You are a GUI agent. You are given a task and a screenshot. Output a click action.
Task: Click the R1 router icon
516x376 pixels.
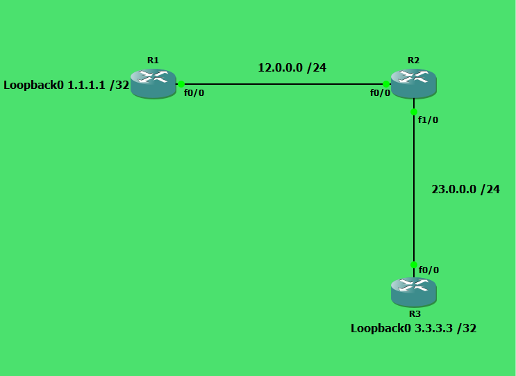153,84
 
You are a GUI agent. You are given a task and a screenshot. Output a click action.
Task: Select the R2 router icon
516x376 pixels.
414,84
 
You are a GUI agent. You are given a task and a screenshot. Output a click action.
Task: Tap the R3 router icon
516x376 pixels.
414,293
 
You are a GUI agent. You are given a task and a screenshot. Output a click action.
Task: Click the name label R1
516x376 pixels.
153,60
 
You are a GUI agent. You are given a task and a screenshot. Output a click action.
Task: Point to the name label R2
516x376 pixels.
414,60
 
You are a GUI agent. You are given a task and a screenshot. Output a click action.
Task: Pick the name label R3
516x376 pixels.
415,313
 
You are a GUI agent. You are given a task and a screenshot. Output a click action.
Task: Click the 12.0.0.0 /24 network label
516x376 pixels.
292,68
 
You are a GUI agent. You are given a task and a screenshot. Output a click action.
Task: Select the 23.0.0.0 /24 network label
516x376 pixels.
466,189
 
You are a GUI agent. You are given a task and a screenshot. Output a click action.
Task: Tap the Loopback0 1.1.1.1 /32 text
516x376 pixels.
66,85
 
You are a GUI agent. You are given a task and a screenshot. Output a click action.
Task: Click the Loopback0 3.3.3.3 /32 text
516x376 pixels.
413,328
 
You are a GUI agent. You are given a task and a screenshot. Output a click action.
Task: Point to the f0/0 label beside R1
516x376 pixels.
194,93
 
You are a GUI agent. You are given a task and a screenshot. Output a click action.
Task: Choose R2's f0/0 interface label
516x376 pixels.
380,93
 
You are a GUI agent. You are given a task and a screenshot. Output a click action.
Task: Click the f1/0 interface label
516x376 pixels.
428,120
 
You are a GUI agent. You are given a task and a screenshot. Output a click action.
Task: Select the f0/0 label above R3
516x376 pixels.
428,270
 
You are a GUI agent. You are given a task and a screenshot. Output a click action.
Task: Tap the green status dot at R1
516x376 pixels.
181,84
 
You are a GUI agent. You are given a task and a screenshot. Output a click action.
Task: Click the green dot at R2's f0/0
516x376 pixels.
386,84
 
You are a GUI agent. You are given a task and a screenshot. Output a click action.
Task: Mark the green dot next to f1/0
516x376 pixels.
414,112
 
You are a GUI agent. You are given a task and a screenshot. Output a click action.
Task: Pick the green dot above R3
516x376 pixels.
414,265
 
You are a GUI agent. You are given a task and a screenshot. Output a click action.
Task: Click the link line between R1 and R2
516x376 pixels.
283,84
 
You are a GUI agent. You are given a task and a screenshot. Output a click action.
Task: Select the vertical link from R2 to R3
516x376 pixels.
414,188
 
